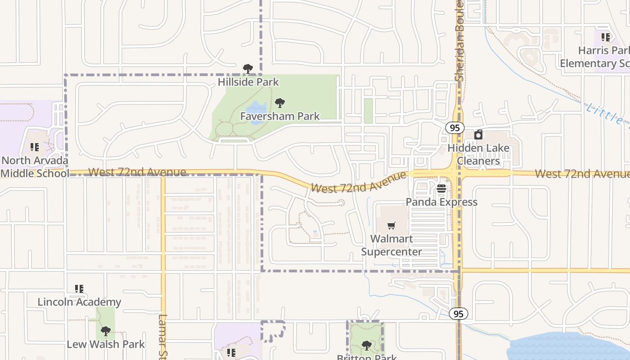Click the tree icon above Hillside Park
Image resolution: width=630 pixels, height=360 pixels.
pos(247,69)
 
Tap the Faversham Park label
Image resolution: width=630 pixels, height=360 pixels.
pos(279,116)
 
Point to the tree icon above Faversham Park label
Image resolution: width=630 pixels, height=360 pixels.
pos(280,103)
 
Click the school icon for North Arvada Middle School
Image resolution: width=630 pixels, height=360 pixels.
pos(35,147)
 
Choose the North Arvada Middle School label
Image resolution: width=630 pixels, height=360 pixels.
pos(35,167)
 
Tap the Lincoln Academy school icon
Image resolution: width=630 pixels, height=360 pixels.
pos(79,289)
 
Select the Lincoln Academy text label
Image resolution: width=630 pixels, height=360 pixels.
pos(79,302)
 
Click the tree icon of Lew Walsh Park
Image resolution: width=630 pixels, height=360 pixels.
pos(106,332)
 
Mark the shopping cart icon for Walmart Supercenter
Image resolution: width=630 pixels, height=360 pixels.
pos(391,225)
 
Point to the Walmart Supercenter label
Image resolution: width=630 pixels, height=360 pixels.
pos(391,245)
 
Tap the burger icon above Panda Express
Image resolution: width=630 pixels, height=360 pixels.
pos(441,189)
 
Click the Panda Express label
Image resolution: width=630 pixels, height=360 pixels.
pos(441,202)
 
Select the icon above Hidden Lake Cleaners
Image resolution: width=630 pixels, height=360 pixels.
pos(478,135)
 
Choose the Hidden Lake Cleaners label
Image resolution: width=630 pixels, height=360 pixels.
pos(478,154)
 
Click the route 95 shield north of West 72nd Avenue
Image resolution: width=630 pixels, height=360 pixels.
pos(455,128)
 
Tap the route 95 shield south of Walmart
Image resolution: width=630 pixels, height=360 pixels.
pos(459,314)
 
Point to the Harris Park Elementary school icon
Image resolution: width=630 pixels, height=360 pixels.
pos(606,37)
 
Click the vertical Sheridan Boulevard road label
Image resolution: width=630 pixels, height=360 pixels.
pos(459,40)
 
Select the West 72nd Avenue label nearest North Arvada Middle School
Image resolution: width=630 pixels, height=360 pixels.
pos(137,172)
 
